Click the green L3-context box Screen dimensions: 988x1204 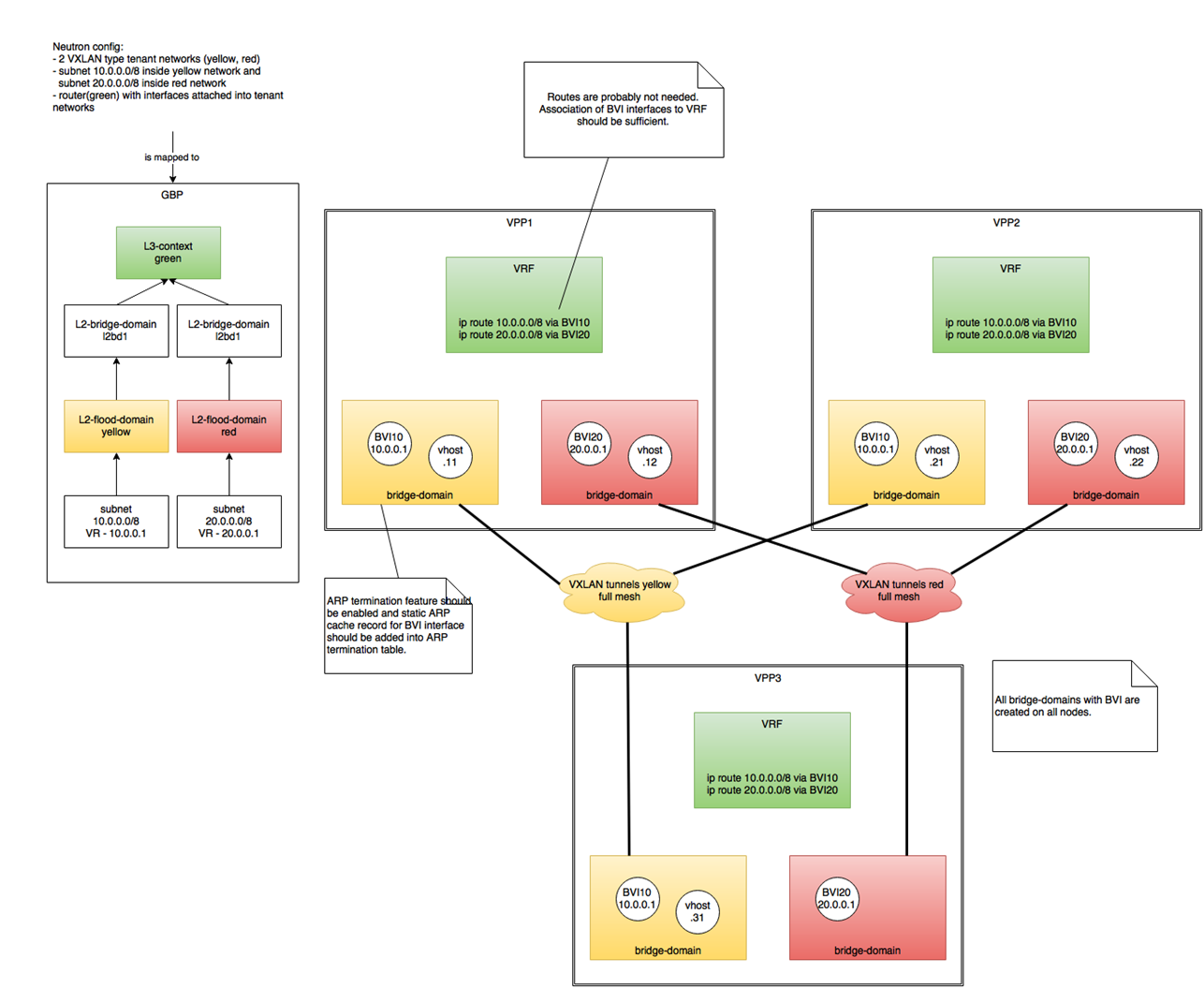(x=169, y=253)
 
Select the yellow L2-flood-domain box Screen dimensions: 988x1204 (x=116, y=426)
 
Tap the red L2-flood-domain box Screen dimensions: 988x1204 (x=229, y=426)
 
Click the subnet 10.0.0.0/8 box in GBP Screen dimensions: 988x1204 (x=116, y=522)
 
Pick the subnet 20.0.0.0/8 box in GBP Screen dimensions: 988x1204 (x=229, y=522)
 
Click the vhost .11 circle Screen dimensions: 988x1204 (x=450, y=456)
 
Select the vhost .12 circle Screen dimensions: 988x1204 (x=650, y=456)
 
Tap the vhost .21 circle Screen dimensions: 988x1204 (x=937, y=456)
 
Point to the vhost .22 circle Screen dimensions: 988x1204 (x=1137, y=456)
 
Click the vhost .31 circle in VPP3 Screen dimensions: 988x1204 (x=697, y=911)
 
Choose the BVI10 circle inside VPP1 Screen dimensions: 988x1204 (x=389, y=443)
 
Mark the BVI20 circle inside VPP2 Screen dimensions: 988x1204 (x=1075, y=443)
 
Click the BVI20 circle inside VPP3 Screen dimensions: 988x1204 (x=836, y=899)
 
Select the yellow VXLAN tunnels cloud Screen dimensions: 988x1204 (x=620, y=591)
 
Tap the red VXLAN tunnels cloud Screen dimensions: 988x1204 (x=899, y=591)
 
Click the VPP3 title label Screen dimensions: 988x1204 (x=768, y=678)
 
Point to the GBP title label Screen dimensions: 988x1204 (x=172, y=195)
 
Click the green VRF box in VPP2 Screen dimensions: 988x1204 (x=1011, y=304)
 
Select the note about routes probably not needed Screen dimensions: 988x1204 (x=624, y=110)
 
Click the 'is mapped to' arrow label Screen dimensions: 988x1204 (x=172, y=157)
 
